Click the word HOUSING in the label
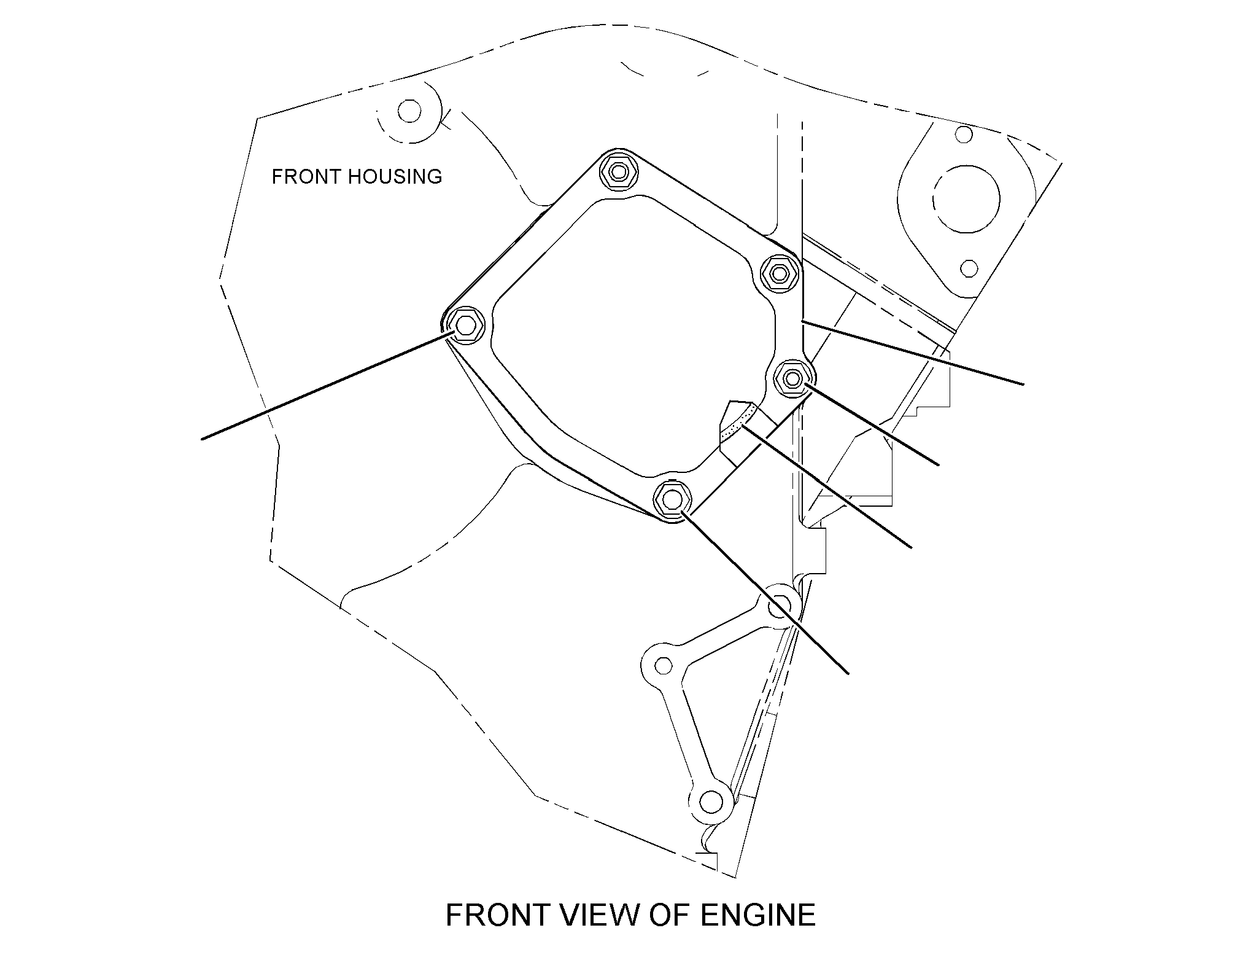pos(395,177)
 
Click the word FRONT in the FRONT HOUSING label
pos(306,177)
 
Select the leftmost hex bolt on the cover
pos(464,324)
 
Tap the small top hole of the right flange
pos(964,134)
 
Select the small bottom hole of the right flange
pos(969,268)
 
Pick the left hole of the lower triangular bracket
pos(664,665)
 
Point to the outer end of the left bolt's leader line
pos(202,439)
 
